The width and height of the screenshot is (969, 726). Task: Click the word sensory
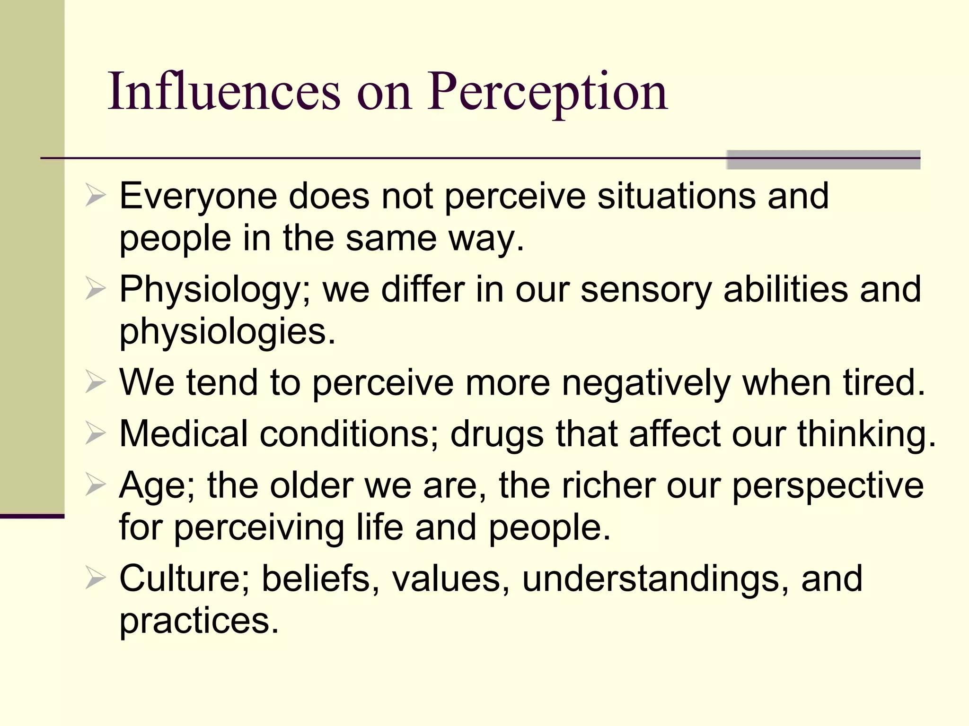(x=646, y=289)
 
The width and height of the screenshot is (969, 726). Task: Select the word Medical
(x=184, y=433)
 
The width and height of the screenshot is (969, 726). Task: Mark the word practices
(x=199, y=621)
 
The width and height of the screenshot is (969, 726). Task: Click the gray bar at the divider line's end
(x=823, y=160)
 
